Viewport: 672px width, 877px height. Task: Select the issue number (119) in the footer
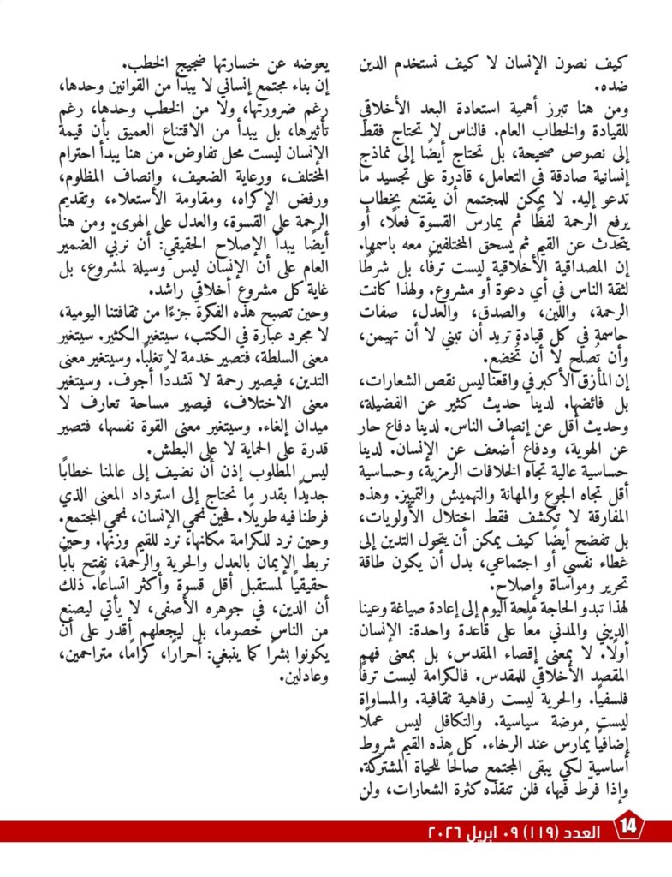tap(532, 832)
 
